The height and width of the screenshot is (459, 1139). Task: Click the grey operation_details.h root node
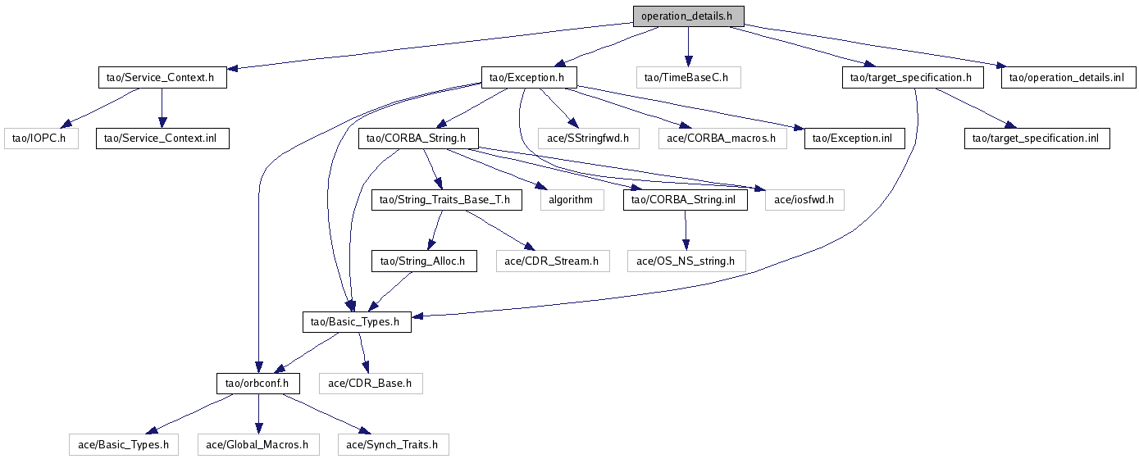coord(688,16)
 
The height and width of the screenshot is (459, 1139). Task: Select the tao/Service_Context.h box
coord(161,78)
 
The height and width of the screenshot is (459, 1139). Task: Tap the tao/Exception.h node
coord(527,78)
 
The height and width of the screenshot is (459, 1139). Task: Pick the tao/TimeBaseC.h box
coord(688,78)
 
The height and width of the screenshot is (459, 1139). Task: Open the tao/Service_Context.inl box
coord(162,139)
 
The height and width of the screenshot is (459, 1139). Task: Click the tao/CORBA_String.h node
coord(418,139)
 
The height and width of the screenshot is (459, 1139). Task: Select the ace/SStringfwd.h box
coord(587,139)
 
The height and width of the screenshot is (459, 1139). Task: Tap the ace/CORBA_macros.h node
coord(722,139)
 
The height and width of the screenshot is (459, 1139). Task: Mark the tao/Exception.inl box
coord(852,139)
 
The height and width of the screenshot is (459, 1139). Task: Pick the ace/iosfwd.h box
coord(804,199)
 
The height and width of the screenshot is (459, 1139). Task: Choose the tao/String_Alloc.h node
coord(424,261)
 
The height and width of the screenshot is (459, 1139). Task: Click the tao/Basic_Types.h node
coord(356,322)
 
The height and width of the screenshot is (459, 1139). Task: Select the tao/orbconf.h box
coord(258,383)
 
